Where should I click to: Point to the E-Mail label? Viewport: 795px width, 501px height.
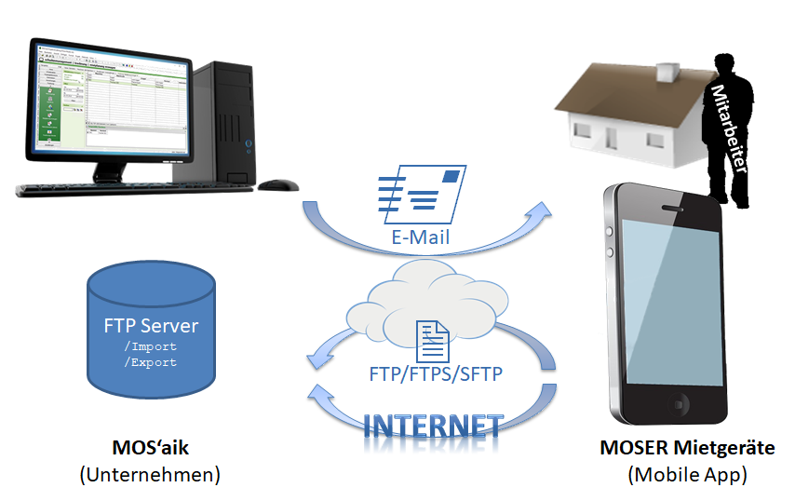pos(420,237)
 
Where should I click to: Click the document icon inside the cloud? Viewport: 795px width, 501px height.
pos(430,340)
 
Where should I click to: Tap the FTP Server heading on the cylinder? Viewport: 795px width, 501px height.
pos(150,327)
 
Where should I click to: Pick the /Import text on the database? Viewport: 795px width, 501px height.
pos(150,346)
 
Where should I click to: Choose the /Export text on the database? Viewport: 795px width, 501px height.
pos(150,362)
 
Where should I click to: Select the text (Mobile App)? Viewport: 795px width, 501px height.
pos(687,474)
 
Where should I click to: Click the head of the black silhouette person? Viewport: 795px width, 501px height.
pos(727,67)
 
